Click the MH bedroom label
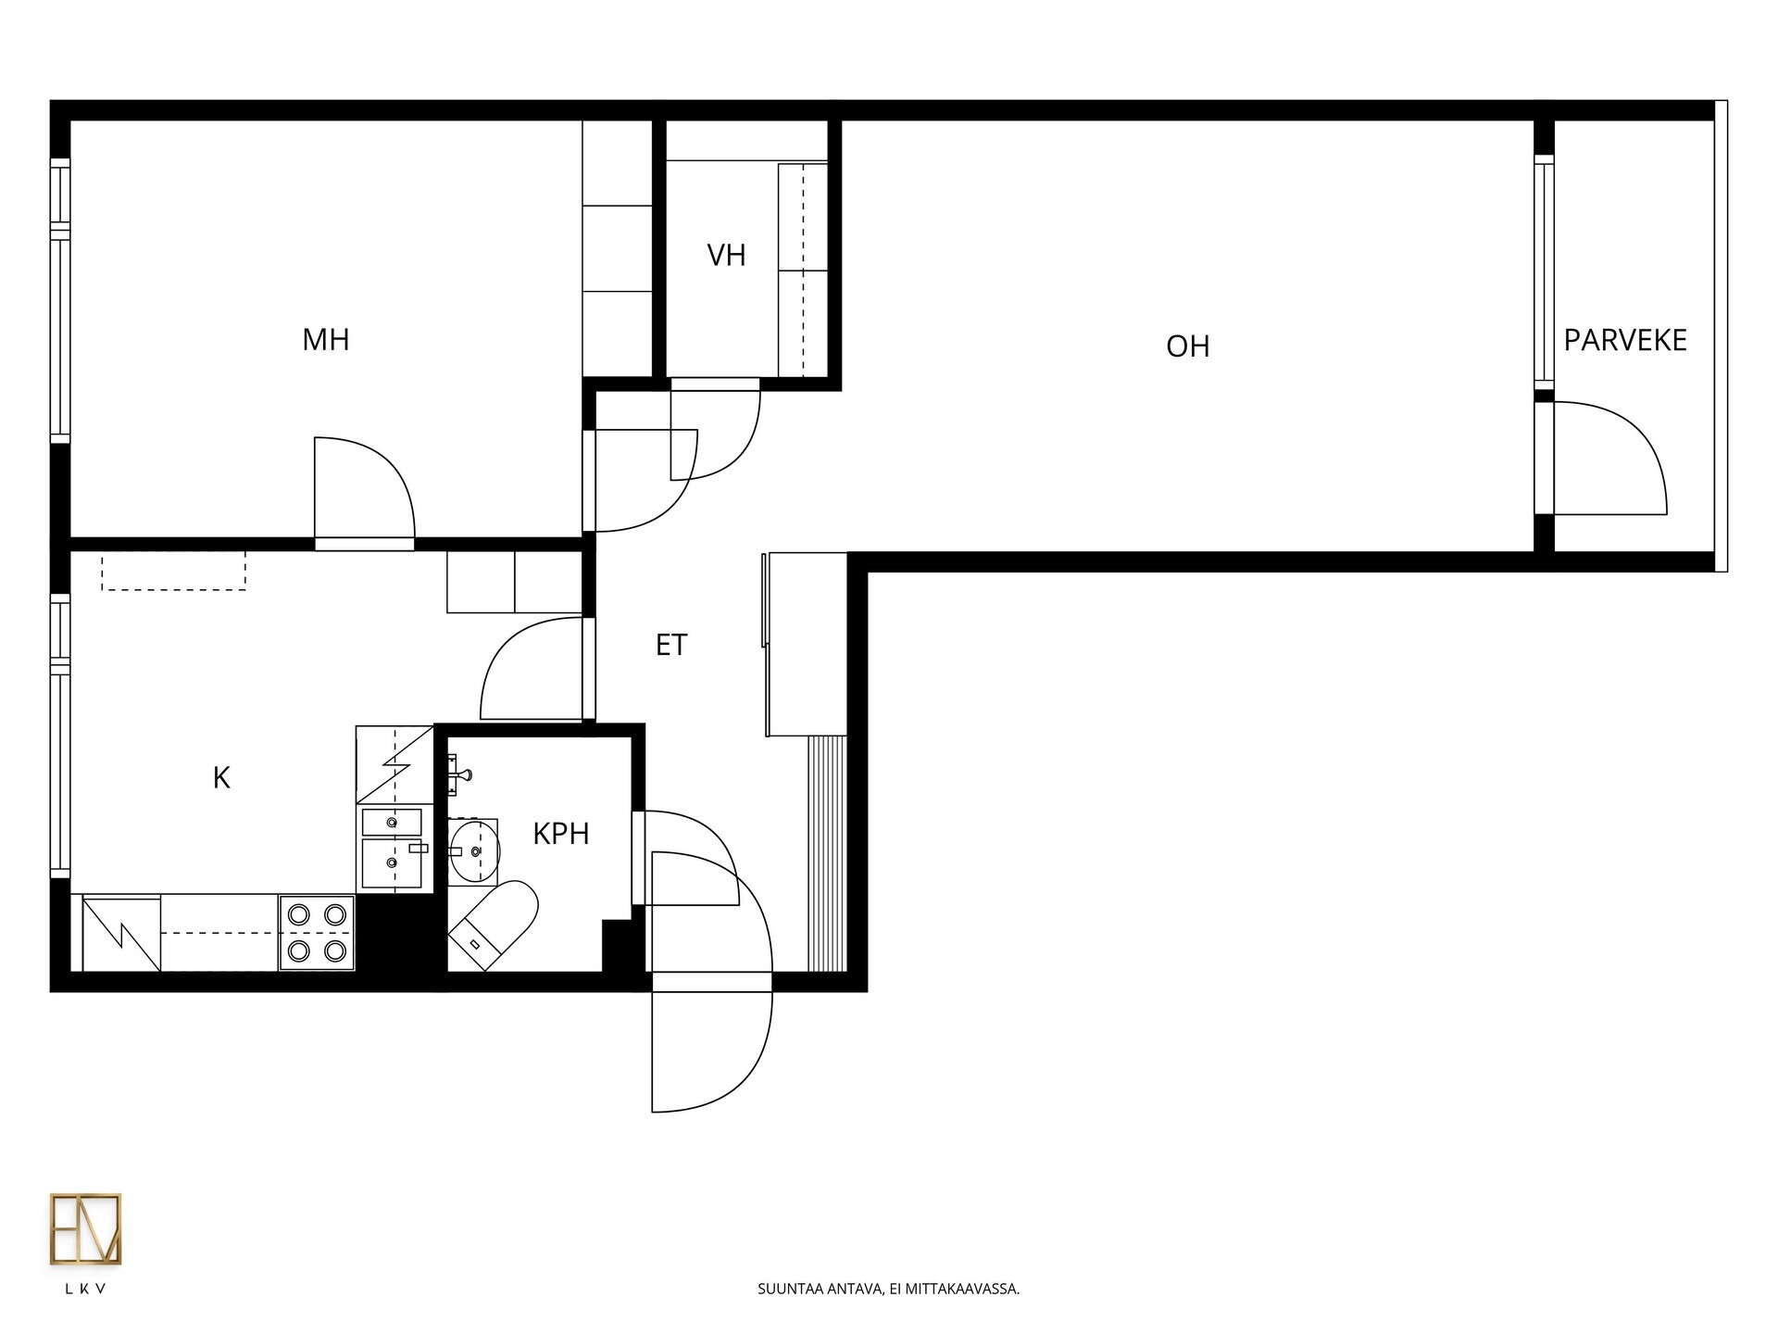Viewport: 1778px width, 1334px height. [326, 340]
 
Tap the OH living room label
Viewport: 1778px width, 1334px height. [1188, 346]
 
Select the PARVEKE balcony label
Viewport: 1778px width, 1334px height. [1625, 341]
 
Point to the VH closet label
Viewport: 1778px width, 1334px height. [726, 256]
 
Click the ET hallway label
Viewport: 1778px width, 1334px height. [671, 645]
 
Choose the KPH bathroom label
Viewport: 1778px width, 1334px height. [561, 834]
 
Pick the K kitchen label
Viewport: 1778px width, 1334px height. [221, 778]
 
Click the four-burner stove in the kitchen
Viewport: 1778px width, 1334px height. [317, 933]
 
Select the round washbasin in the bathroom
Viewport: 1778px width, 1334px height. [475, 849]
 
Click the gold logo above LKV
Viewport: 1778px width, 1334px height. [85, 1229]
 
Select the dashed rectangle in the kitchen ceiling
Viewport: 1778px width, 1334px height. [173, 571]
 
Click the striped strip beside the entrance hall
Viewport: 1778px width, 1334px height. [827, 853]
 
